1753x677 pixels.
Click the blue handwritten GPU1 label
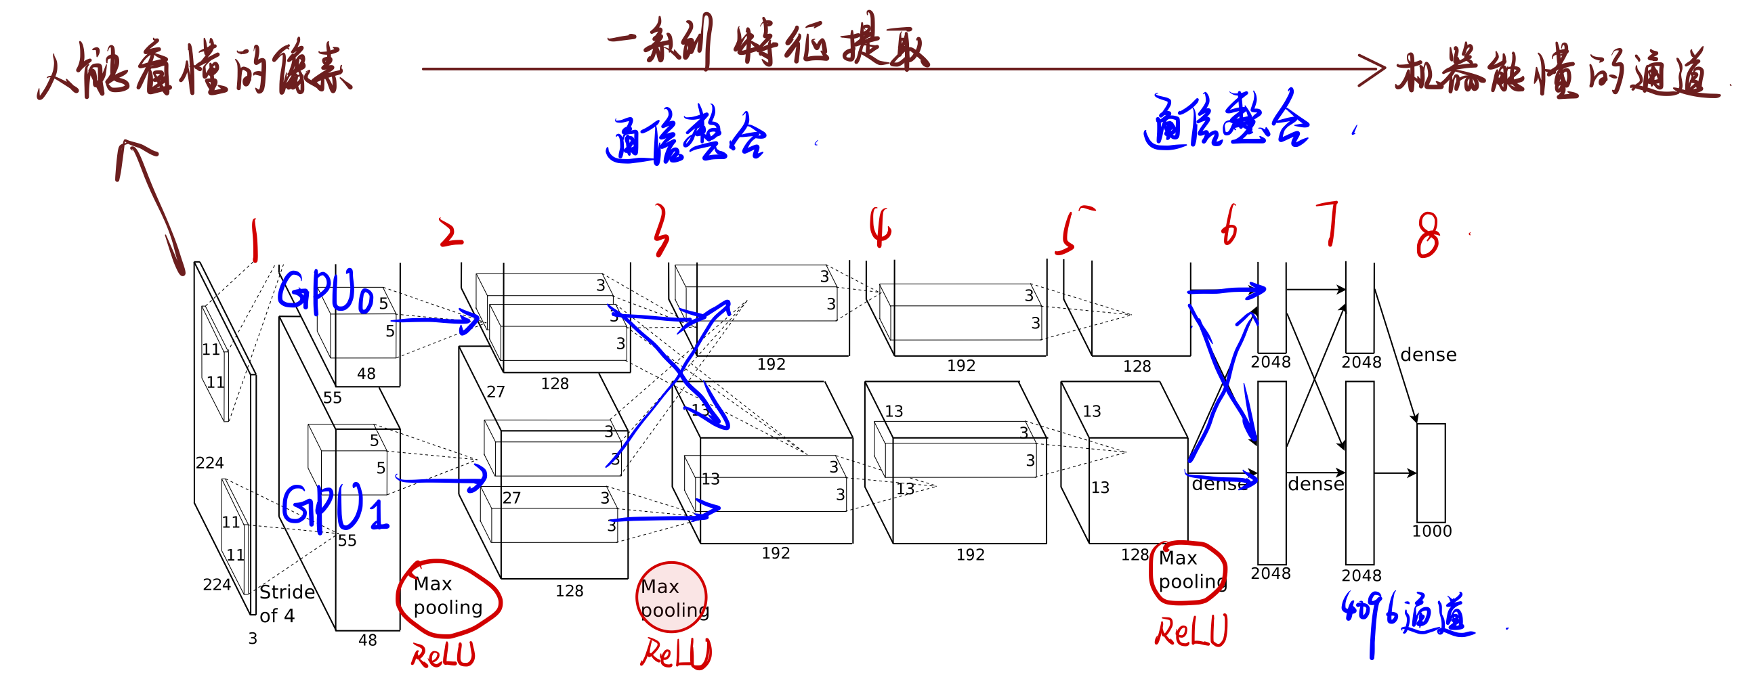click(x=335, y=507)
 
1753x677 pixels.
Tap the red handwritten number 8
click(x=1428, y=234)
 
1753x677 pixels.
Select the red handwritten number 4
click(x=880, y=227)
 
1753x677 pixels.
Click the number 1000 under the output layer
click(x=1432, y=531)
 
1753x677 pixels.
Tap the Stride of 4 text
click(x=287, y=603)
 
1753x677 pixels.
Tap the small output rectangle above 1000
click(x=1431, y=473)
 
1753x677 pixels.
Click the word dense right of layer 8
click(x=1429, y=355)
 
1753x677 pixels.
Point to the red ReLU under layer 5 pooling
click(x=1191, y=632)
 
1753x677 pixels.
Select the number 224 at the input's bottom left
click(x=216, y=585)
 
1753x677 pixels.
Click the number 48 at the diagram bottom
click(x=368, y=640)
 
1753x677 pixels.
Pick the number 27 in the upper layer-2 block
click(x=495, y=392)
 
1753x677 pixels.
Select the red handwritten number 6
click(x=1229, y=227)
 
